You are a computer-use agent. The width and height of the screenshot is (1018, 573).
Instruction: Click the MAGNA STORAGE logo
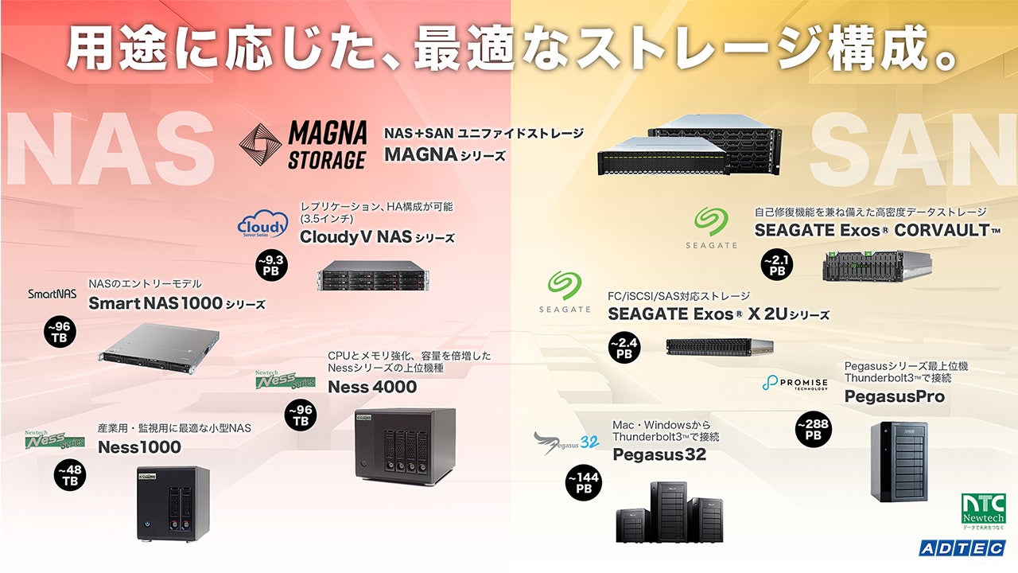[303, 145]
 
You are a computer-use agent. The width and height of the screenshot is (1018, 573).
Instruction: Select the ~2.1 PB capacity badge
[777, 264]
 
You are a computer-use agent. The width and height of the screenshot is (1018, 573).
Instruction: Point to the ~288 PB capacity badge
[813, 430]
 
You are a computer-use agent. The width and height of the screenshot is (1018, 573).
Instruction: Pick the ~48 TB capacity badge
[70, 475]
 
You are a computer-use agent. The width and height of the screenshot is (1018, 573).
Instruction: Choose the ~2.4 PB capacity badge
[624, 348]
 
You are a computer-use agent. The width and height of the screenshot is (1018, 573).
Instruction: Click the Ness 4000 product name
[372, 387]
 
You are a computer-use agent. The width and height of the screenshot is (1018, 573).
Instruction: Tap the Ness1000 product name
[139, 447]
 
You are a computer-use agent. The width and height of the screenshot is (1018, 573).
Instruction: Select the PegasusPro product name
[894, 396]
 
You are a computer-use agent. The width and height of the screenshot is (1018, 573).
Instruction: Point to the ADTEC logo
[962, 548]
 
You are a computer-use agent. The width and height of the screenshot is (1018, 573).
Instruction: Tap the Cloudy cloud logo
[262, 225]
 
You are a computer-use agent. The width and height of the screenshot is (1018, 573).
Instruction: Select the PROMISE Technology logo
[795, 384]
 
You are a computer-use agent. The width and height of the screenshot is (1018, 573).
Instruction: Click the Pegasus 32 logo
[565, 442]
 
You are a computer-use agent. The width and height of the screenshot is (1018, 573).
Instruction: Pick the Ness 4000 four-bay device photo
[405, 445]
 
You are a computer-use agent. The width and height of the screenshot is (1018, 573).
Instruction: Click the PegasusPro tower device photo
[899, 462]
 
